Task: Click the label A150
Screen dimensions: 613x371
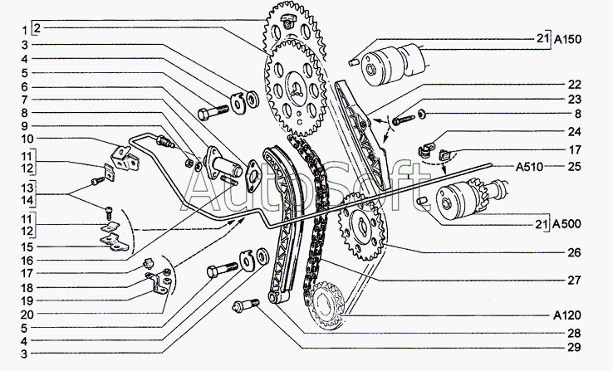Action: (567, 39)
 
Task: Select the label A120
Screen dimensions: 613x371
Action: (566, 315)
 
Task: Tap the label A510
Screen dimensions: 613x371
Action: (529, 167)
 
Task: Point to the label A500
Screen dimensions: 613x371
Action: (566, 224)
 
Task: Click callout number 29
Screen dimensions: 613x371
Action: (574, 347)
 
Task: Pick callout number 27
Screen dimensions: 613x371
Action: (574, 281)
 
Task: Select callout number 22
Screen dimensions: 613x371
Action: (574, 85)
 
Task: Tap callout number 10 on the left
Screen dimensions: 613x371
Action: (27, 139)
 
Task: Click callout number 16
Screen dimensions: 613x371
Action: (27, 261)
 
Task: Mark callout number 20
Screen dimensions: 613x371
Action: (27, 315)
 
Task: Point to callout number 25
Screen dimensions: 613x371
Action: (574, 167)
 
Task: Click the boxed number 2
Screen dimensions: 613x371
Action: (37, 28)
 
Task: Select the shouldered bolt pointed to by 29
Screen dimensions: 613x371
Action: (246, 305)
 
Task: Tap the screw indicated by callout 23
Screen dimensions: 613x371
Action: (403, 120)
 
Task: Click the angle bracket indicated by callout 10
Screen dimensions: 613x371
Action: (125, 158)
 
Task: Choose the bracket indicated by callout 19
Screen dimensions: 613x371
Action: (159, 283)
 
